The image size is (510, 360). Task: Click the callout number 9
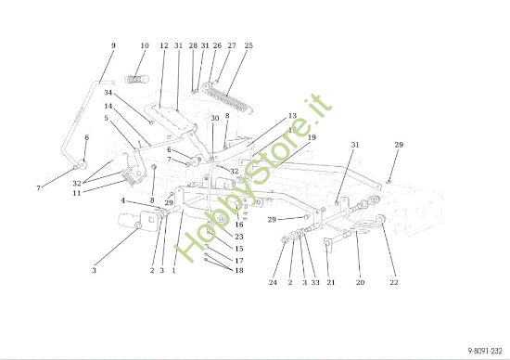(x=113, y=45)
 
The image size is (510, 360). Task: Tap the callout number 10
(x=144, y=45)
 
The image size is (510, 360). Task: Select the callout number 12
(x=164, y=45)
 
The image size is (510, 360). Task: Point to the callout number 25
(x=248, y=45)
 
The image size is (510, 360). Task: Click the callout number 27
(x=231, y=45)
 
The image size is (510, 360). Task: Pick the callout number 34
(x=108, y=93)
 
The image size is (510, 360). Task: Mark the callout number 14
(x=108, y=107)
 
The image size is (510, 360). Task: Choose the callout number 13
(x=292, y=117)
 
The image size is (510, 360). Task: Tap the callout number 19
(x=312, y=137)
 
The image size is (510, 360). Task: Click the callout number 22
(x=394, y=282)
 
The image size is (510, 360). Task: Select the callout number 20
(x=361, y=282)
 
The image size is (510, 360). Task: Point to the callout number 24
(x=274, y=282)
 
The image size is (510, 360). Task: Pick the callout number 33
(x=315, y=282)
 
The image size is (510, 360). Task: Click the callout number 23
(x=238, y=237)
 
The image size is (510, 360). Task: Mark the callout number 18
(x=238, y=270)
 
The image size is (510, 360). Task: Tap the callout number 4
(x=123, y=200)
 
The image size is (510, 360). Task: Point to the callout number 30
(x=214, y=119)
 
